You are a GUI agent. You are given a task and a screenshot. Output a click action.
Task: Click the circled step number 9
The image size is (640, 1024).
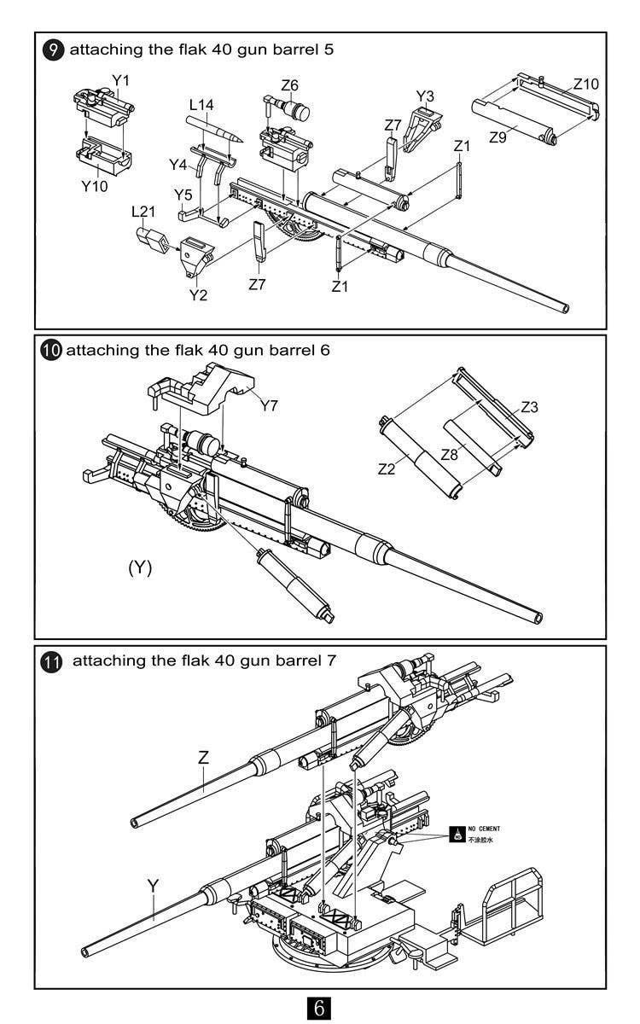tap(53, 49)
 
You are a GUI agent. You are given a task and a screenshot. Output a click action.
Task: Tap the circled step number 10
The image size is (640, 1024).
tap(51, 351)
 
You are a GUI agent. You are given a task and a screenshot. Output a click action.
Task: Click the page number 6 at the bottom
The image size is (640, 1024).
tap(319, 1007)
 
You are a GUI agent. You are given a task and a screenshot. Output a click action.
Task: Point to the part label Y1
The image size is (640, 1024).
tap(120, 80)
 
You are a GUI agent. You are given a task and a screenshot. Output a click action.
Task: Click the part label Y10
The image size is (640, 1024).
tap(95, 185)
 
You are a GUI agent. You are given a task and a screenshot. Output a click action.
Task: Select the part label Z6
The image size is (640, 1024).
tap(290, 85)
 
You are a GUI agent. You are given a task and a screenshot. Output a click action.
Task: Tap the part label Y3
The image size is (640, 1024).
tap(425, 96)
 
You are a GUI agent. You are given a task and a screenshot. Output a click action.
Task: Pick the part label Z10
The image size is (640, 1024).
tap(585, 84)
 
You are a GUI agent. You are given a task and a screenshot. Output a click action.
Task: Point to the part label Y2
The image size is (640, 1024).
tap(198, 294)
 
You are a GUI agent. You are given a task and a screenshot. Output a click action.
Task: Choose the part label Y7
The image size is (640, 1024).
tap(269, 405)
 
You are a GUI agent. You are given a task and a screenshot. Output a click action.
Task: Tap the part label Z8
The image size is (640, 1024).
tap(449, 455)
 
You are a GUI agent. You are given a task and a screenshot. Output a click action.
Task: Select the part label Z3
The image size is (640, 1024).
tap(529, 407)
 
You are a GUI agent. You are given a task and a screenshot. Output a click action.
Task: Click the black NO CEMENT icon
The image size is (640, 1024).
tap(458, 834)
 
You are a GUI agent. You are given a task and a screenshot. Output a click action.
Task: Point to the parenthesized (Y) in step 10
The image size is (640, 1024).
tap(140, 567)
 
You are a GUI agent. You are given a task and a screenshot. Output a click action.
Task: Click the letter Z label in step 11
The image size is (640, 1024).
tap(203, 757)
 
